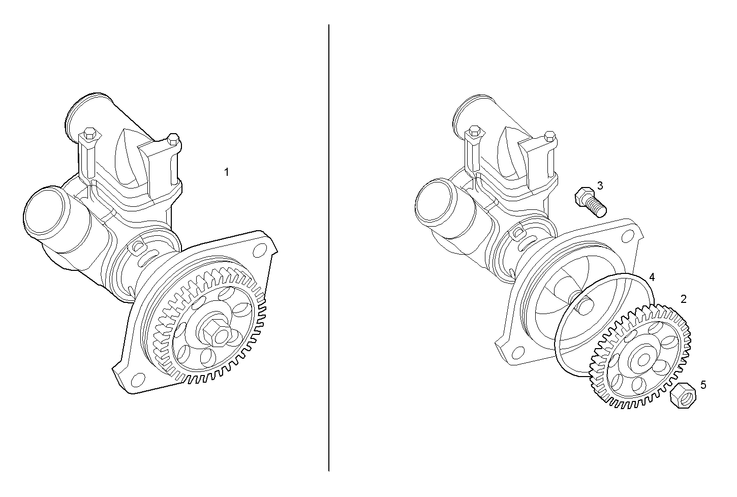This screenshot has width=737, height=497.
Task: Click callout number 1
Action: pos(227,172)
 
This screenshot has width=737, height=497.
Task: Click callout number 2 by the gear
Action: pos(684,299)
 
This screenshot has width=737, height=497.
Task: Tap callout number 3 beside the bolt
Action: pos(600,185)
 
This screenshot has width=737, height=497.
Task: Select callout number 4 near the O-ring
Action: pos(652,277)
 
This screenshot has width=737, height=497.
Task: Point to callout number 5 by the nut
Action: pos(703,385)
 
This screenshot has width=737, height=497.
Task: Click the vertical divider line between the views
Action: pos(329,254)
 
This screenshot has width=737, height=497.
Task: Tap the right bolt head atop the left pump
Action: pos(173,138)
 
